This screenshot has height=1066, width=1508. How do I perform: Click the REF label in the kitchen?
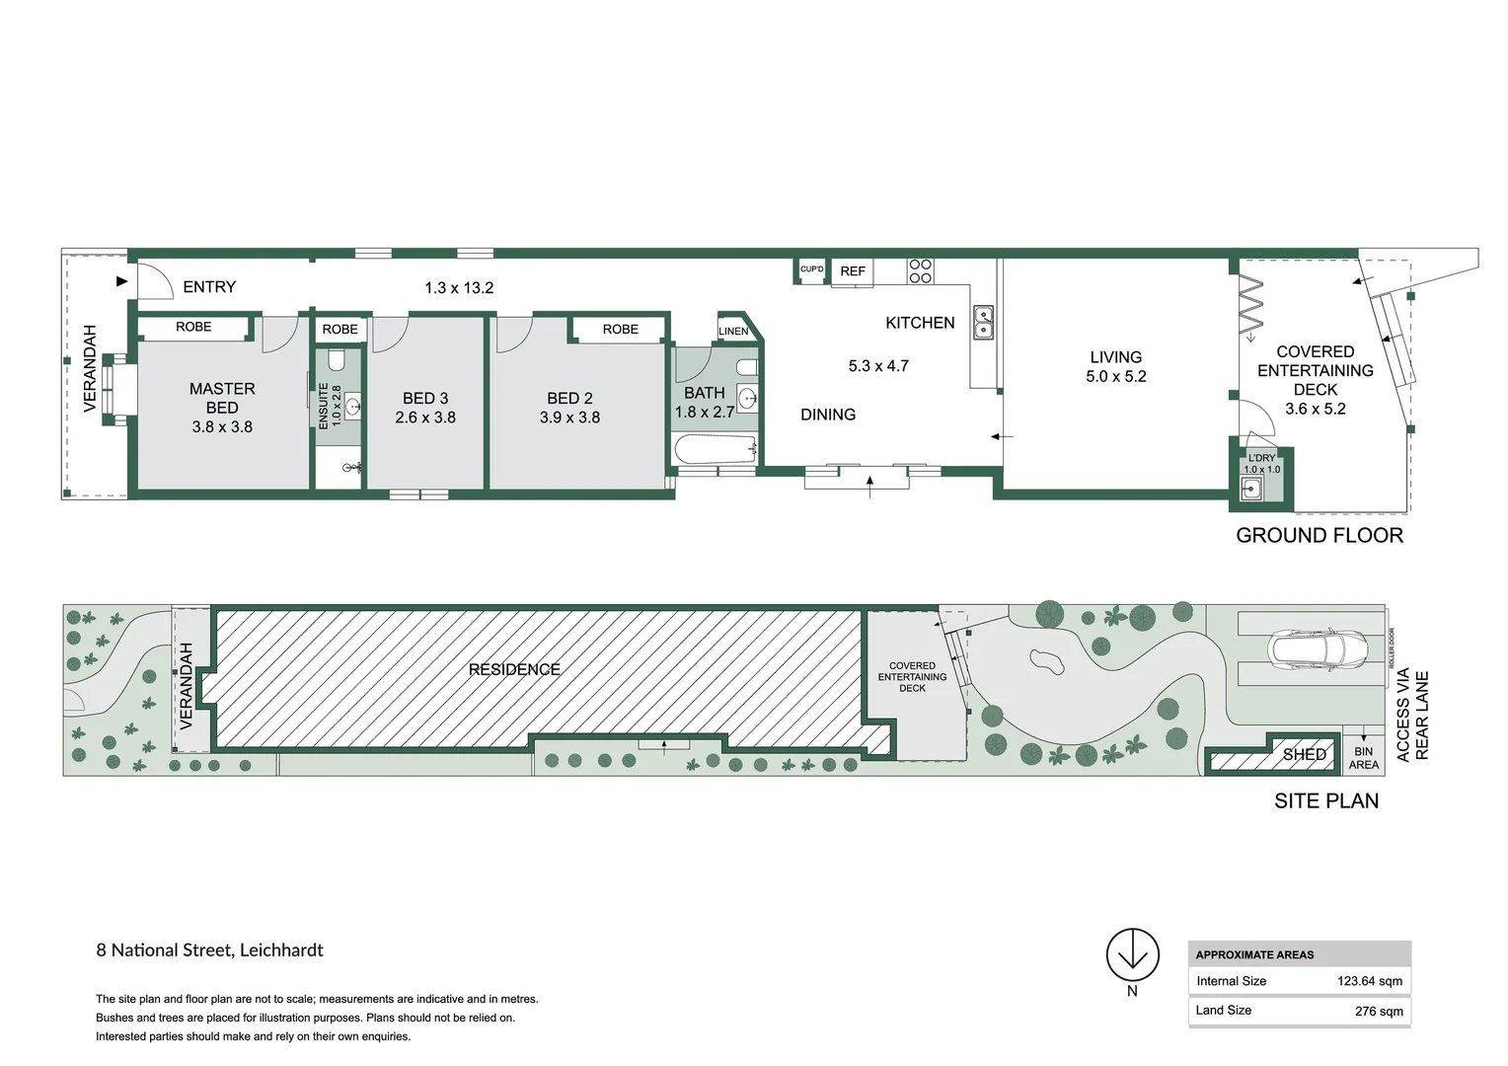pyautogui.click(x=853, y=271)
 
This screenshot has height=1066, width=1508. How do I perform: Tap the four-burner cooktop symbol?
pyautogui.click(x=920, y=271)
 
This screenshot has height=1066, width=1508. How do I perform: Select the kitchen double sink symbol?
pyautogui.click(x=983, y=323)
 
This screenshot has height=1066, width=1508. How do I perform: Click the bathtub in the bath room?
pyautogui.click(x=716, y=450)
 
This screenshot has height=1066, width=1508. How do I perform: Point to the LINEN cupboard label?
pyautogui.click(x=733, y=332)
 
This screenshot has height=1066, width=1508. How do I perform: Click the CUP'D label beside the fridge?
pyautogui.click(x=811, y=269)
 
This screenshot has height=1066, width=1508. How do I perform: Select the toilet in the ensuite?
pyautogui.click(x=336, y=359)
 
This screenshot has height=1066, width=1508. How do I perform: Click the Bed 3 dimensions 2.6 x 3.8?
pyautogui.click(x=425, y=418)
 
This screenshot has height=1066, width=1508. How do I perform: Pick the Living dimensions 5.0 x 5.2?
pyautogui.click(x=1116, y=377)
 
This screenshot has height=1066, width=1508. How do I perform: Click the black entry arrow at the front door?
pyautogui.click(x=122, y=281)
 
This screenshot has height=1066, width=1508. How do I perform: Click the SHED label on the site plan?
pyautogui.click(x=1304, y=755)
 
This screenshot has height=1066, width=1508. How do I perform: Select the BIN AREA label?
pyautogui.click(x=1363, y=758)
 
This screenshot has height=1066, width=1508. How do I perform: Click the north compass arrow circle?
pyautogui.click(x=1132, y=954)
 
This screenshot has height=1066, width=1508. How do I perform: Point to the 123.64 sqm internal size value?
pyautogui.click(x=1369, y=981)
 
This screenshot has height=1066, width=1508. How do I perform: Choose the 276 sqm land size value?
pyautogui.click(x=1378, y=1011)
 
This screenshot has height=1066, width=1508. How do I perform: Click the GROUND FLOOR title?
pyautogui.click(x=1319, y=536)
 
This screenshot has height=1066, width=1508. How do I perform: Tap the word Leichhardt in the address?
pyautogui.click(x=281, y=951)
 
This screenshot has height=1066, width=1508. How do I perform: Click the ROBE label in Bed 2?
pyautogui.click(x=620, y=330)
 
